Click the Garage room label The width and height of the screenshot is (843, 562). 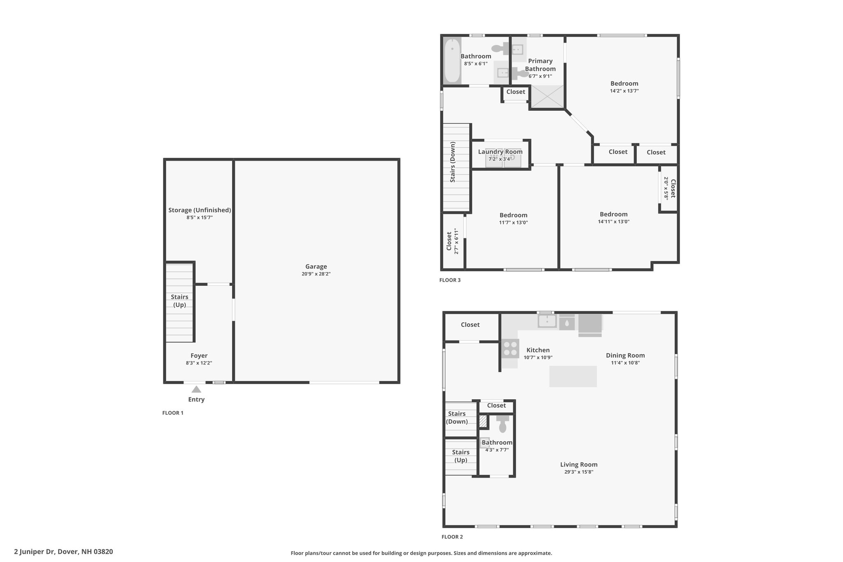[316, 266]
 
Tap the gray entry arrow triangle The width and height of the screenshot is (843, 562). [196, 389]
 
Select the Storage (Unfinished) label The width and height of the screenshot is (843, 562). [200, 210]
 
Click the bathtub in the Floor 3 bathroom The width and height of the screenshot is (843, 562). [452, 61]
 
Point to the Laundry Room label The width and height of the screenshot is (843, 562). [500, 152]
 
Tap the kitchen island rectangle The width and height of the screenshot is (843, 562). [573, 376]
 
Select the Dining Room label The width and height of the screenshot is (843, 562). [625, 355]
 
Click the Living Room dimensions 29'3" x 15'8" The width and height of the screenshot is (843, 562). [579, 472]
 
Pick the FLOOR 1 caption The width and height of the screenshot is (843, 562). [173, 413]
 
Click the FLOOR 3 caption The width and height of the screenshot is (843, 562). [450, 280]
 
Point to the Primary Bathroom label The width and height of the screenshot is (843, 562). [540, 65]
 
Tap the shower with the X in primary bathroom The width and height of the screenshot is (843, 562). [547, 97]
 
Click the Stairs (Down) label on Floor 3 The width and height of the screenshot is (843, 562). [453, 162]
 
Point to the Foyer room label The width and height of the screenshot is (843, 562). [199, 356]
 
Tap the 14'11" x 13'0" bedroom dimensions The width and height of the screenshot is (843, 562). [614, 222]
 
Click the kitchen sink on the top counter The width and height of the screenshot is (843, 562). [547, 321]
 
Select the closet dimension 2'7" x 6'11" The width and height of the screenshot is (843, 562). [456, 241]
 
